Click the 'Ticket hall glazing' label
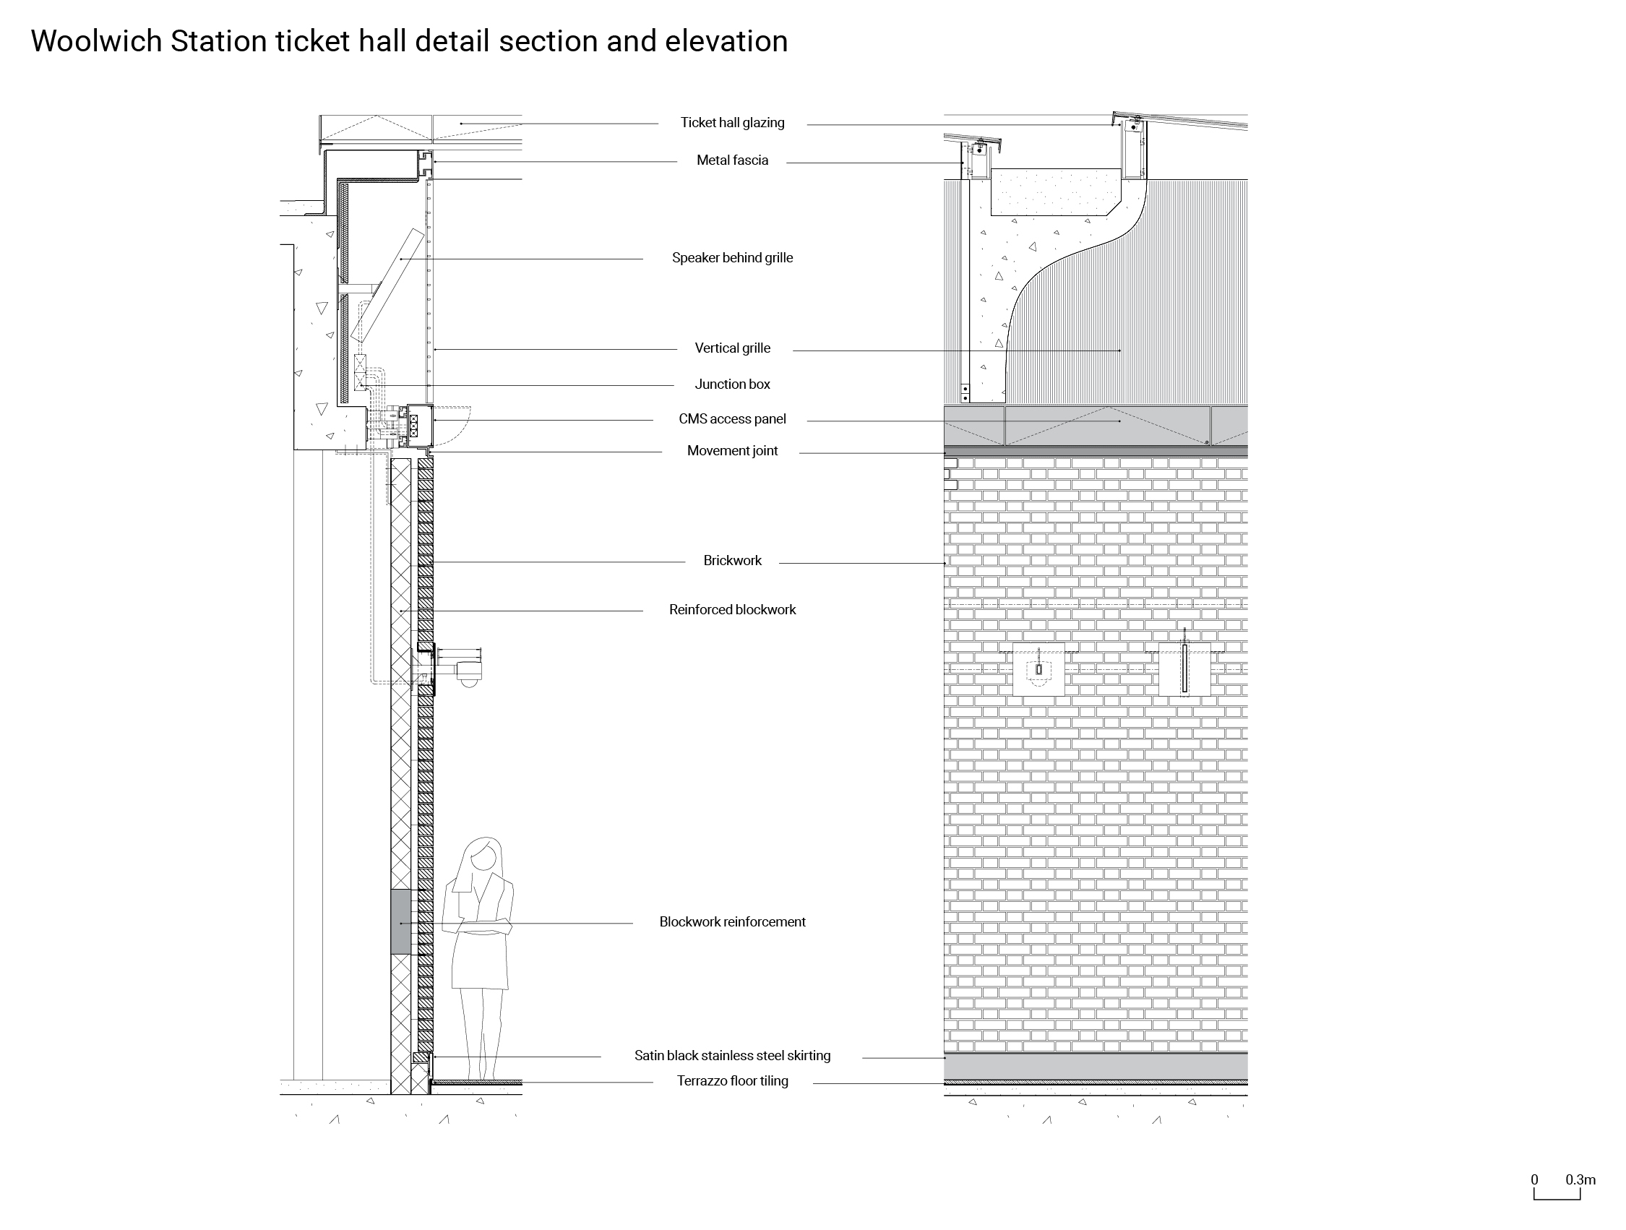[732, 123]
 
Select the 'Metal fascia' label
[732, 160]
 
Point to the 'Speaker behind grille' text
[732, 258]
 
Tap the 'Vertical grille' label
[732, 348]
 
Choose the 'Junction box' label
[732, 384]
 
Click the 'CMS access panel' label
[732, 419]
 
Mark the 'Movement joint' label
[732, 452]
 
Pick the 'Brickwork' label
[732, 561]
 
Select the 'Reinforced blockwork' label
[732, 610]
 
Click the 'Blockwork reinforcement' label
[732, 922]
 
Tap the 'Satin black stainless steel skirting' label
[732, 1056]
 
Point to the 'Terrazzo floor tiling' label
[732, 1081]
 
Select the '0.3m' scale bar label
[1580, 1180]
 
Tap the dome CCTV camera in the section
[469, 681]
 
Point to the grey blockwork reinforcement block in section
[400, 922]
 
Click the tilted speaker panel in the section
[388, 285]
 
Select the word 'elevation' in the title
[726, 41]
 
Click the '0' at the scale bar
[1534, 1180]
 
